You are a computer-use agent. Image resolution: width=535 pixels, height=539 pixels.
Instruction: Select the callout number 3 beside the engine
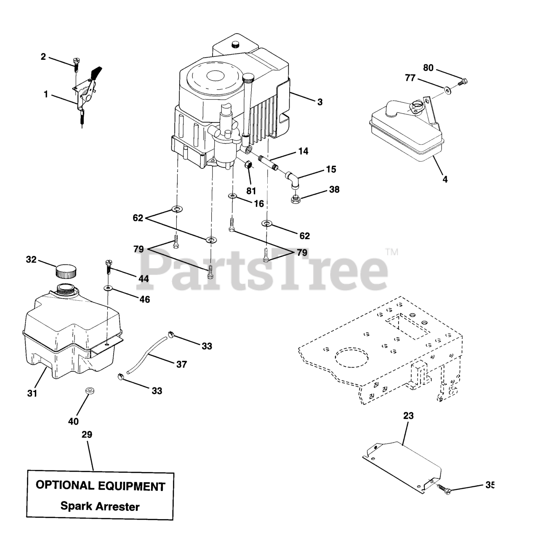(320, 101)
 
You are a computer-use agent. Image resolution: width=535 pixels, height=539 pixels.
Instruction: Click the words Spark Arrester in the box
(100, 506)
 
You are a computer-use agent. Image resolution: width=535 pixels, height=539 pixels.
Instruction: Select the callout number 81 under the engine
(251, 191)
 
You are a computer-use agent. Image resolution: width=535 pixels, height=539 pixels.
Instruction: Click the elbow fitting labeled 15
(293, 179)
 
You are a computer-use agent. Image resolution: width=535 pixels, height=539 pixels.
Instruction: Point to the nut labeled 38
(296, 198)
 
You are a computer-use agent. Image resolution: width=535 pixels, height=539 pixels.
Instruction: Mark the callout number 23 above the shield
(408, 416)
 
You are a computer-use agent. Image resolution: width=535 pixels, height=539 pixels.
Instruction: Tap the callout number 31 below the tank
(32, 393)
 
